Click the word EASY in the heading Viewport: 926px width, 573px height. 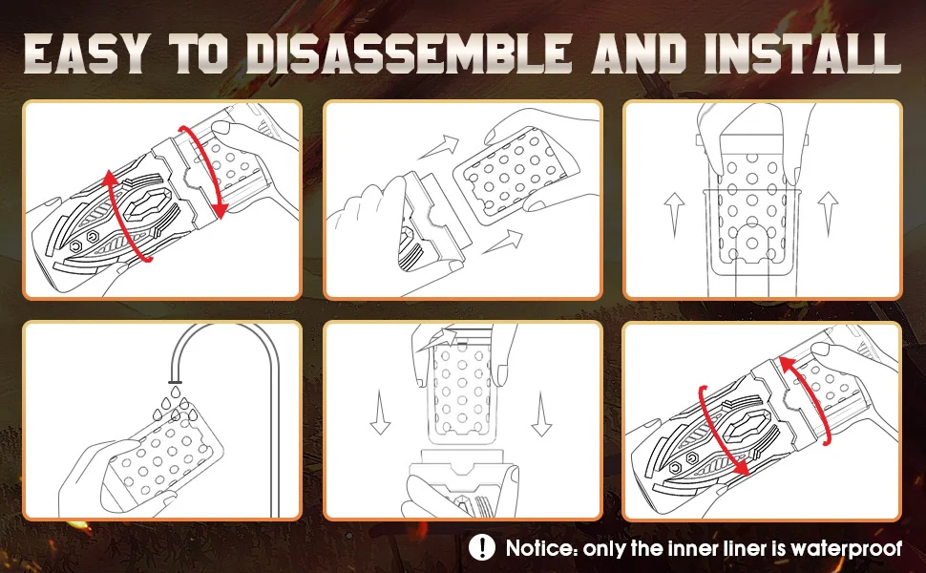(x=85, y=53)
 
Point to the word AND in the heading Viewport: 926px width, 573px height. (x=640, y=53)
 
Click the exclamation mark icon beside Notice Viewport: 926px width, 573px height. (x=482, y=547)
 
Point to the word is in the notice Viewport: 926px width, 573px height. (x=780, y=548)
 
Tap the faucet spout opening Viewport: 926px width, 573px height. (x=175, y=380)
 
